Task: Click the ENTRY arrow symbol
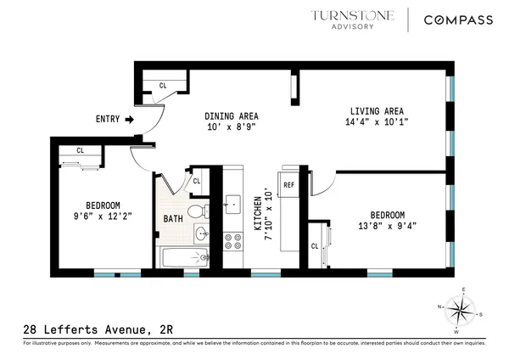tap(129, 121)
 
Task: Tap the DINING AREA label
tap(232, 116)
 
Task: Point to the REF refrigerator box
tap(288, 184)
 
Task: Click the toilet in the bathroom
tap(197, 211)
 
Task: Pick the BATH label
tap(172, 219)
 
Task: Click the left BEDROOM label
tap(103, 205)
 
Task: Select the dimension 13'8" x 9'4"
tap(387, 225)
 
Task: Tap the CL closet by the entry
tap(163, 85)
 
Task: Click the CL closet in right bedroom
tap(314, 246)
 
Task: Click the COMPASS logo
tap(459, 20)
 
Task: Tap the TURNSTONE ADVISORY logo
tap(346, 19)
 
